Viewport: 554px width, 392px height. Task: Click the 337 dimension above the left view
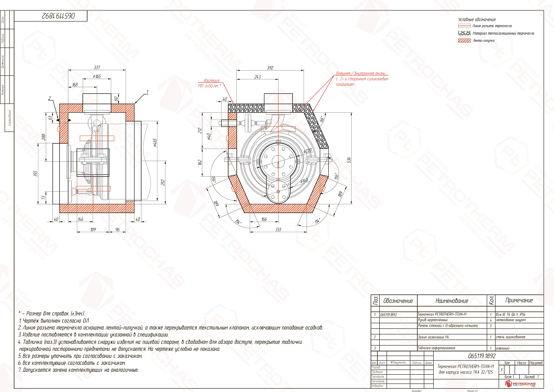(x=97, y=68)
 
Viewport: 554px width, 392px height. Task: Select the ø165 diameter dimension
(x=97, y=76)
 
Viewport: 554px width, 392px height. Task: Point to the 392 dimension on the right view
(x=270, y=68)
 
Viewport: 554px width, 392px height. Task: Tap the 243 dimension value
(x=257, y=77)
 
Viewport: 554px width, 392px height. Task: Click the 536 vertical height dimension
(x=349, y=160)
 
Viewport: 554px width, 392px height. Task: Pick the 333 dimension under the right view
(x=278, y=229)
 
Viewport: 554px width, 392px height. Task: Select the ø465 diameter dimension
(x=155, y=143)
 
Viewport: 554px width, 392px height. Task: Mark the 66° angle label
(x=322, y=119)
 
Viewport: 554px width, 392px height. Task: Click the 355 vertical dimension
(x=36, y=173)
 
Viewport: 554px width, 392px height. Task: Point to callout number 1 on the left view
(x=147, y=92)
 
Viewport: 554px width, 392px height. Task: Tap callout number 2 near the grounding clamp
(x=49, y=98)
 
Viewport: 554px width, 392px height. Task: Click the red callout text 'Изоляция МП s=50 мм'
(x=209, y=83)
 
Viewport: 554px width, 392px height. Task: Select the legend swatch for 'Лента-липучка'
(x=464, y=41)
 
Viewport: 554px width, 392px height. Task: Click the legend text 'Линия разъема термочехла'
(x=492, y=26)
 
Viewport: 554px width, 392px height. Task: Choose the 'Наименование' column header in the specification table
(x=452, y=301)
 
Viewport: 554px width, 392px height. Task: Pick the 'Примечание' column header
(x=519, y=300)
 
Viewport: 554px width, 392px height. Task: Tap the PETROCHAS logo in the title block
(x=521, y=384)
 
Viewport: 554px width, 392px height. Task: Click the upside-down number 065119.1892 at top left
(x=58, y=16)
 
